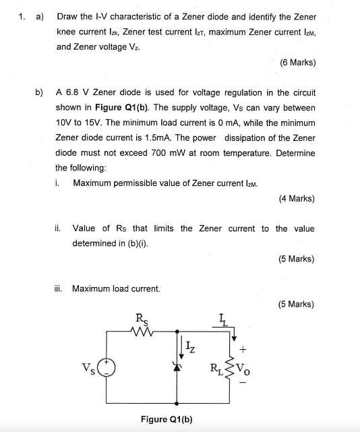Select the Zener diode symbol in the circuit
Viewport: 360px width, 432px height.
(177, 368)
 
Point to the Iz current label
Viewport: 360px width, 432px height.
(191, 348)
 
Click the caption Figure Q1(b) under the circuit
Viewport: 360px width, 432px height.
(167, 419)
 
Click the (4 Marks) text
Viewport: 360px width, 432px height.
(296, 199)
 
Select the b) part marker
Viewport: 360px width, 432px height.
(39, 92)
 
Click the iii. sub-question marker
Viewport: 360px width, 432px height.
(60, 288)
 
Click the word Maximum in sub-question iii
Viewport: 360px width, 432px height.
(90, 288)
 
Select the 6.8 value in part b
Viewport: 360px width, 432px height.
(71, 92)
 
